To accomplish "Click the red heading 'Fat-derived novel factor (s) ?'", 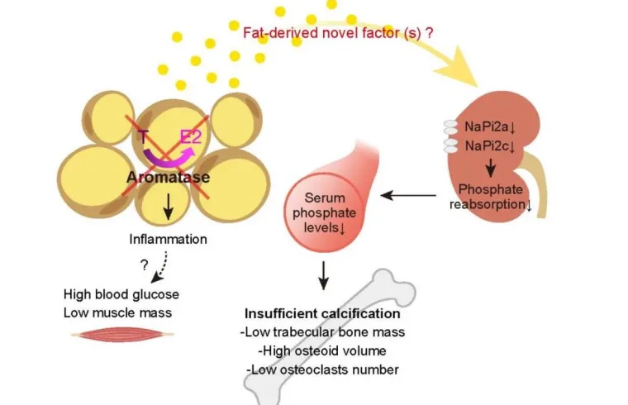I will click(x=338, y=32).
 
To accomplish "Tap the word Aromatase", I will click(x=168, y=178).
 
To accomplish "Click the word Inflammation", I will click(x=168, y=240).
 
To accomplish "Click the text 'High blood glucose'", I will click(x=121, y=294).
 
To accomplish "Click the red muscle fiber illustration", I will click(x=122, y=335).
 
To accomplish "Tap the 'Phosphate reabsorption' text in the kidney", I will click(x=496, y=196).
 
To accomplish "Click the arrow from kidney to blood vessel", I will click(x=408, y=196).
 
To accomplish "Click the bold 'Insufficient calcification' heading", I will click(x=322, y=315).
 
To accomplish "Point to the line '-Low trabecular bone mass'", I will click(x=323, y=333).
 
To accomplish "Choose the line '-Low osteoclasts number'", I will click(x=319, y=369).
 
